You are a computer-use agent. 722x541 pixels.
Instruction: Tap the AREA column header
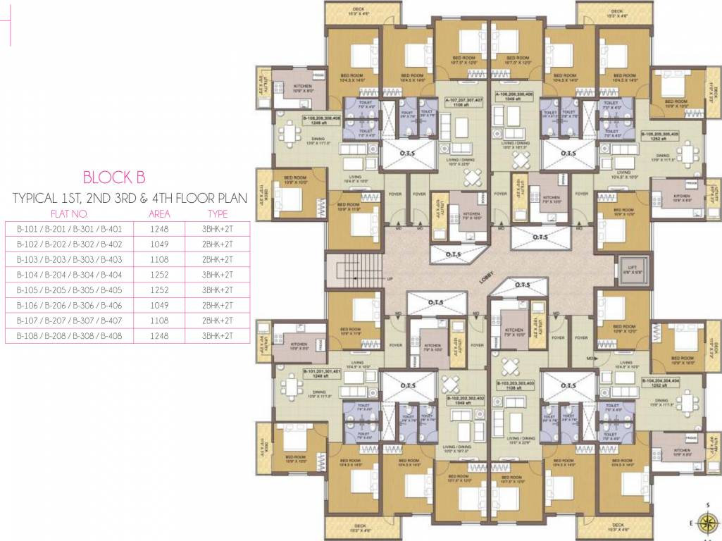click(159, 213)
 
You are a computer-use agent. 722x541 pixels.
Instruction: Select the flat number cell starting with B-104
click(69, 275)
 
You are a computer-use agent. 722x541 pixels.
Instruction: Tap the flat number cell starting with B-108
click(69, 336)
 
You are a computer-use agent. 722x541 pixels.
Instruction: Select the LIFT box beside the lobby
click(628, 268)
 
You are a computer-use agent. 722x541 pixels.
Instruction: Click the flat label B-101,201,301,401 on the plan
click(322, 373)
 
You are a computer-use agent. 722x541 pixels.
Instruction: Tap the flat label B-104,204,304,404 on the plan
click(659, 382)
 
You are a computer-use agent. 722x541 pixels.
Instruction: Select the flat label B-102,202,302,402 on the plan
click(465, 400)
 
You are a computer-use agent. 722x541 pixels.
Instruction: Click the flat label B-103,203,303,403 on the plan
click(516, 385)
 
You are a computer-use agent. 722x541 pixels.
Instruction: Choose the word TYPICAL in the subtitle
click(32, 199)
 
